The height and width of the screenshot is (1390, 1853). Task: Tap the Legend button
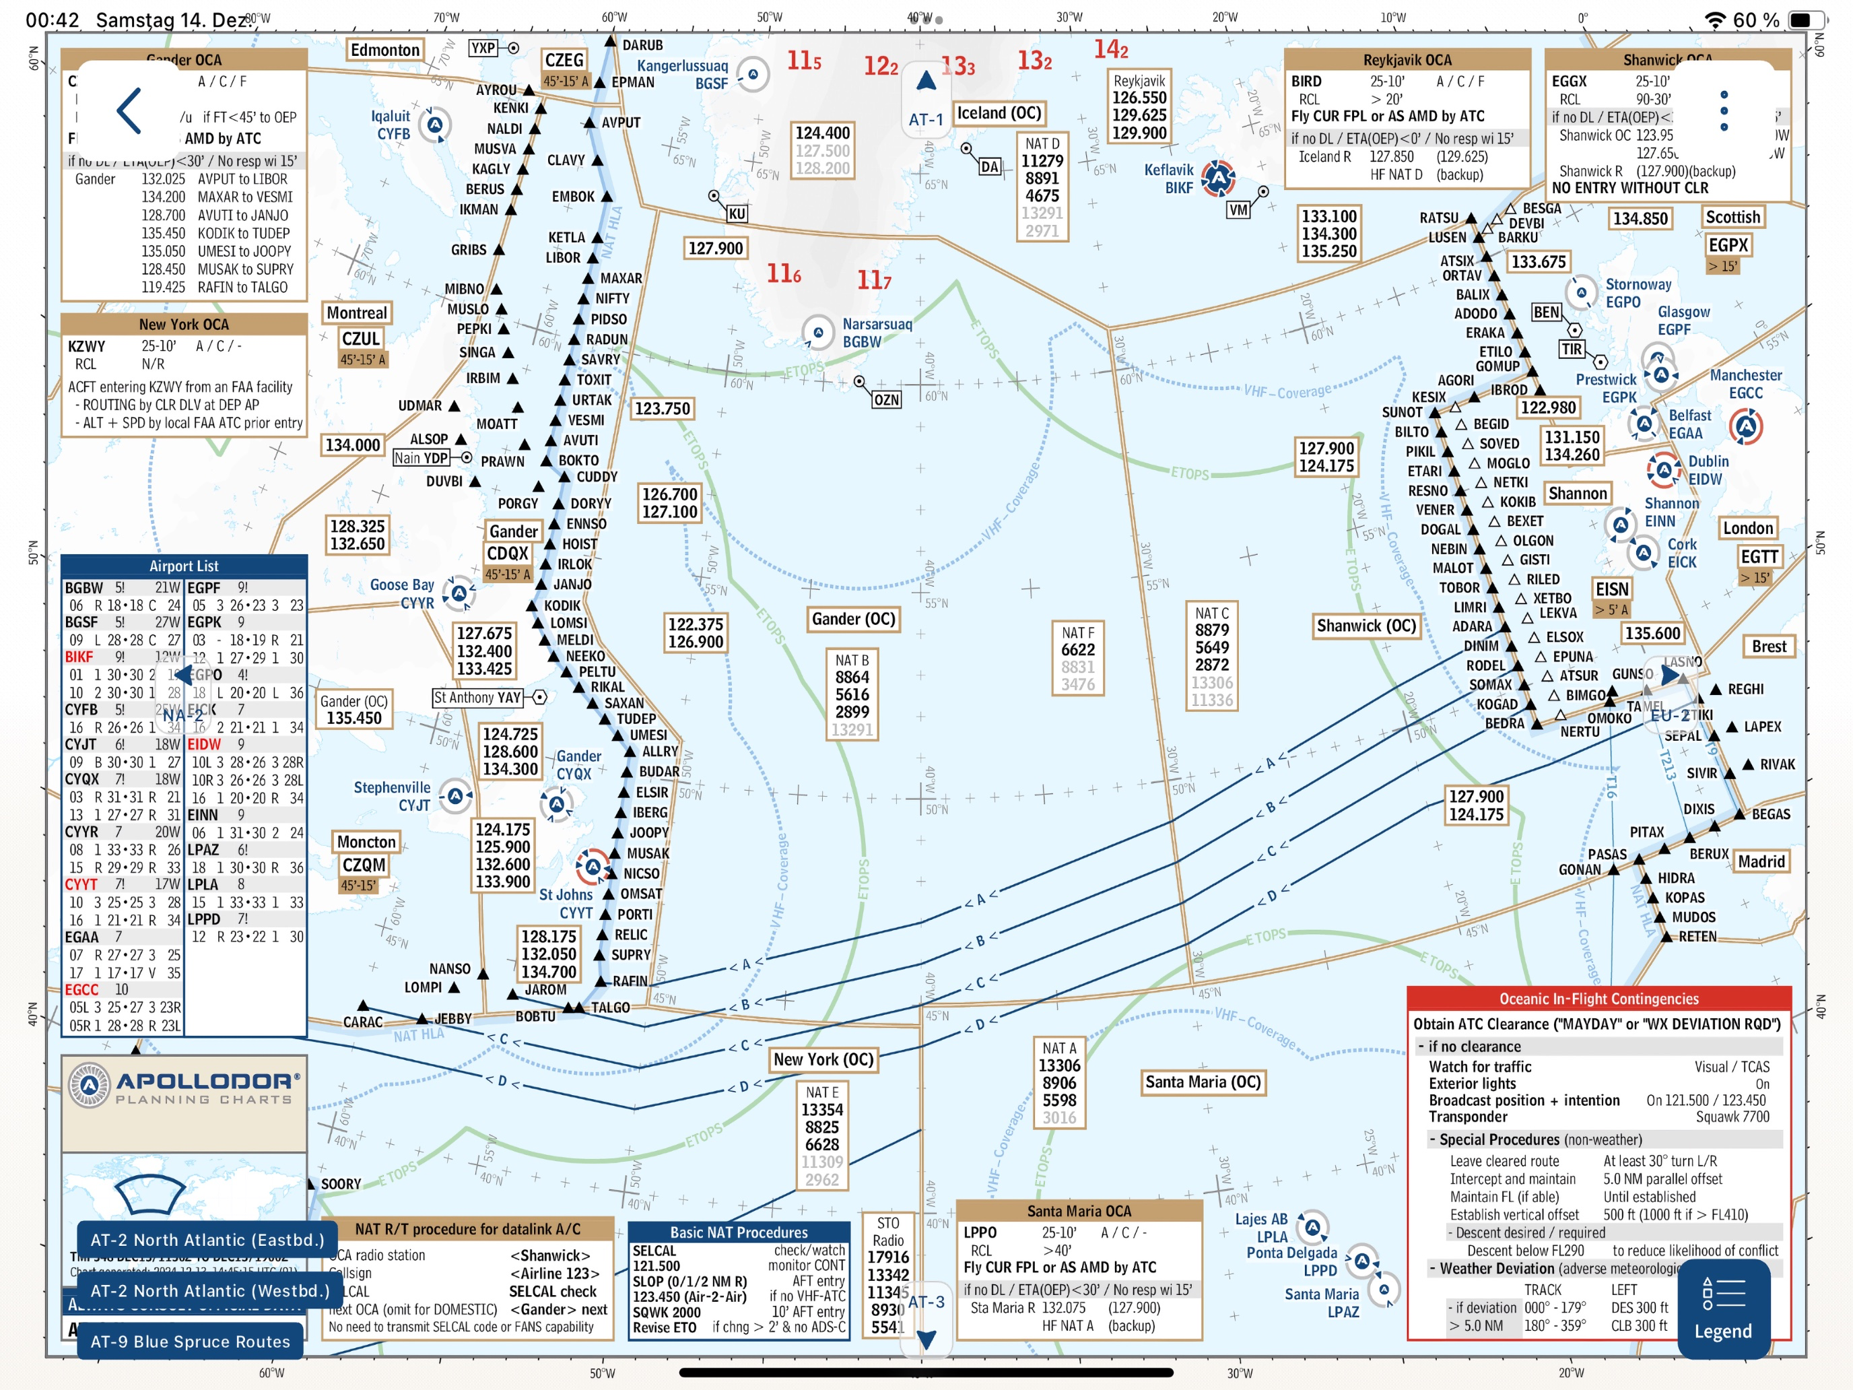[1722, 1309]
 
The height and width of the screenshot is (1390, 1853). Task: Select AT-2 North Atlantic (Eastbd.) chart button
[207, 1240]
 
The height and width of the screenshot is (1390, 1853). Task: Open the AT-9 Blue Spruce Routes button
[190, 1342]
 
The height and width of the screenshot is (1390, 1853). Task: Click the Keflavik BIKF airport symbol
[1218, 178]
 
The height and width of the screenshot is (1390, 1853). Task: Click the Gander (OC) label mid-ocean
[853, 619]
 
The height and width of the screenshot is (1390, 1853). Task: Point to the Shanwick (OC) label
[1366, 626]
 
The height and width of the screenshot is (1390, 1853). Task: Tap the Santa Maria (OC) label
[1202, 1082]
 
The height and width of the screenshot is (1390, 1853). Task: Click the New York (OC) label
[823, 1060]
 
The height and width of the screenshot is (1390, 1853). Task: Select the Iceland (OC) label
[999, 113]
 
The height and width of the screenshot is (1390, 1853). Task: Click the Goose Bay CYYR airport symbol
[459, 593]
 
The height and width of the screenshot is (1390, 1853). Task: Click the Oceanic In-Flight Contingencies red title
[1598, 999]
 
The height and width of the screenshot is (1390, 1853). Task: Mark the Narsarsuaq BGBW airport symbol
[817, 332]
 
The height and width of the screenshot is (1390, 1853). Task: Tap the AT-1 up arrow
[926, 81]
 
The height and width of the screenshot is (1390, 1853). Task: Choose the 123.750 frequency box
[662, 409]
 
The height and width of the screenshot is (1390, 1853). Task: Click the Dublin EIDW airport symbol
[1663, 470]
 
